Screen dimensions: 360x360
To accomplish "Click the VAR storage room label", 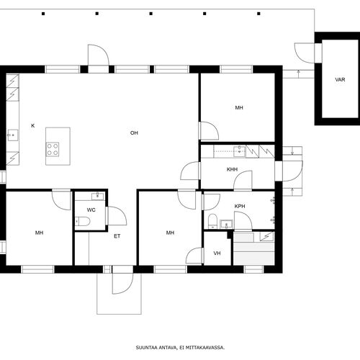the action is tap(340, 79).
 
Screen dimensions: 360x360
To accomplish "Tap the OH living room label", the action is tap(134, 132).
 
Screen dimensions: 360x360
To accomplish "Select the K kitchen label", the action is tap(33, 125).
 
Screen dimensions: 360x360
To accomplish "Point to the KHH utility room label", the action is tap(232, 169).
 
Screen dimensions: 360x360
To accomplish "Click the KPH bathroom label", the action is tap(240, 206).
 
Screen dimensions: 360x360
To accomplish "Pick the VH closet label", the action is tap(217, 253).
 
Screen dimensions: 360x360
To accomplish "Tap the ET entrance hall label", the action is tap(117, 236).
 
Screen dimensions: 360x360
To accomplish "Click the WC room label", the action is tap(91, 210).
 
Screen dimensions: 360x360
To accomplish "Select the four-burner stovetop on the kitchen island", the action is tap(53, 149).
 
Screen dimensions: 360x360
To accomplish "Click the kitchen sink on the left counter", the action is tap(13, 135).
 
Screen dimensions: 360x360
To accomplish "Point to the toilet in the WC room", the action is tap(82, 221).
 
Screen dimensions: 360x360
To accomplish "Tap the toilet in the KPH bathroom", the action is tap(212, 221).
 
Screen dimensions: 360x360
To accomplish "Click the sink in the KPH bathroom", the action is tap(226, 224).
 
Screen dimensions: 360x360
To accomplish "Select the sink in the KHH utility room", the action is tap(240, 151).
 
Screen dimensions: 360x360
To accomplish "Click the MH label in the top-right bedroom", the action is tap(239, 108).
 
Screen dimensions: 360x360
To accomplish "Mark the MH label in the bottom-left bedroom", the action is tap(39, 233).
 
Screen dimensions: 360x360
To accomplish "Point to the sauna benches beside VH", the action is tap(254, 249).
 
